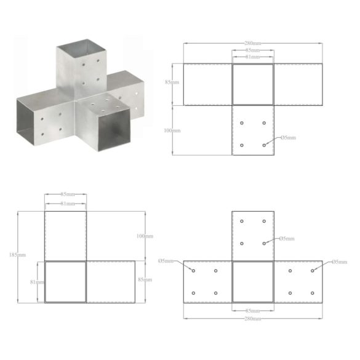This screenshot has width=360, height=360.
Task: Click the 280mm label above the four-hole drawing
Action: tap(252, 44)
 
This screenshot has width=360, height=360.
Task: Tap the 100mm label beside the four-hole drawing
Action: tap(173, 130)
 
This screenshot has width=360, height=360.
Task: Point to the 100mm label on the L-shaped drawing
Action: tap(146, 236)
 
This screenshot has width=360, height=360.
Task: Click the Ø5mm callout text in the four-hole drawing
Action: tap(287, 138)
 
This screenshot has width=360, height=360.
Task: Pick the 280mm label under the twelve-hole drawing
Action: tap(252, 319)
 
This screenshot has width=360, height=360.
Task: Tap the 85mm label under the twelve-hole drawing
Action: tap(252, 310)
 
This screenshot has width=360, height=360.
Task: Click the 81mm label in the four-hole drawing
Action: tap(252, 57)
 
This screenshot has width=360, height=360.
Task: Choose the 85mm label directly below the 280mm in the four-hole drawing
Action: tap(252, 50)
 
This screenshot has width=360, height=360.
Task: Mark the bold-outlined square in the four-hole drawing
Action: tap(252, 84)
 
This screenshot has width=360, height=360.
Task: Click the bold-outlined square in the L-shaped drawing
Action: tap(65, 281)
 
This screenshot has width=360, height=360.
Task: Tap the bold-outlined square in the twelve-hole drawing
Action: tap(252, 281)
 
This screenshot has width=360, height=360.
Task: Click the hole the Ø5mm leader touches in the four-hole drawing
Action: tap(264, 145)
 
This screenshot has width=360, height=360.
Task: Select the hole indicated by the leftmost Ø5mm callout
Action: tap(194, 271)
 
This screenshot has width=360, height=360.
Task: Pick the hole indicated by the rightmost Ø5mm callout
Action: tap(312, 271)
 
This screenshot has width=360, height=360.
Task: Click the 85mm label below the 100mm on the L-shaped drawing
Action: tap(146, 280)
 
